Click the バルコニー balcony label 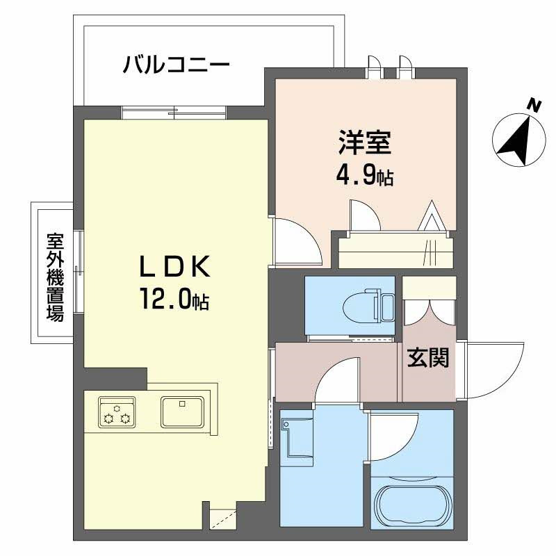point(177,66)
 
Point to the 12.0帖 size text point(173,300)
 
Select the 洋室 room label point(365,142)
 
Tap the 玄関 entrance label point(427,358)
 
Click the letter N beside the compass point(534,106)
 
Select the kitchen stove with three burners point(116,411)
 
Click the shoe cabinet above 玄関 point(429,299)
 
